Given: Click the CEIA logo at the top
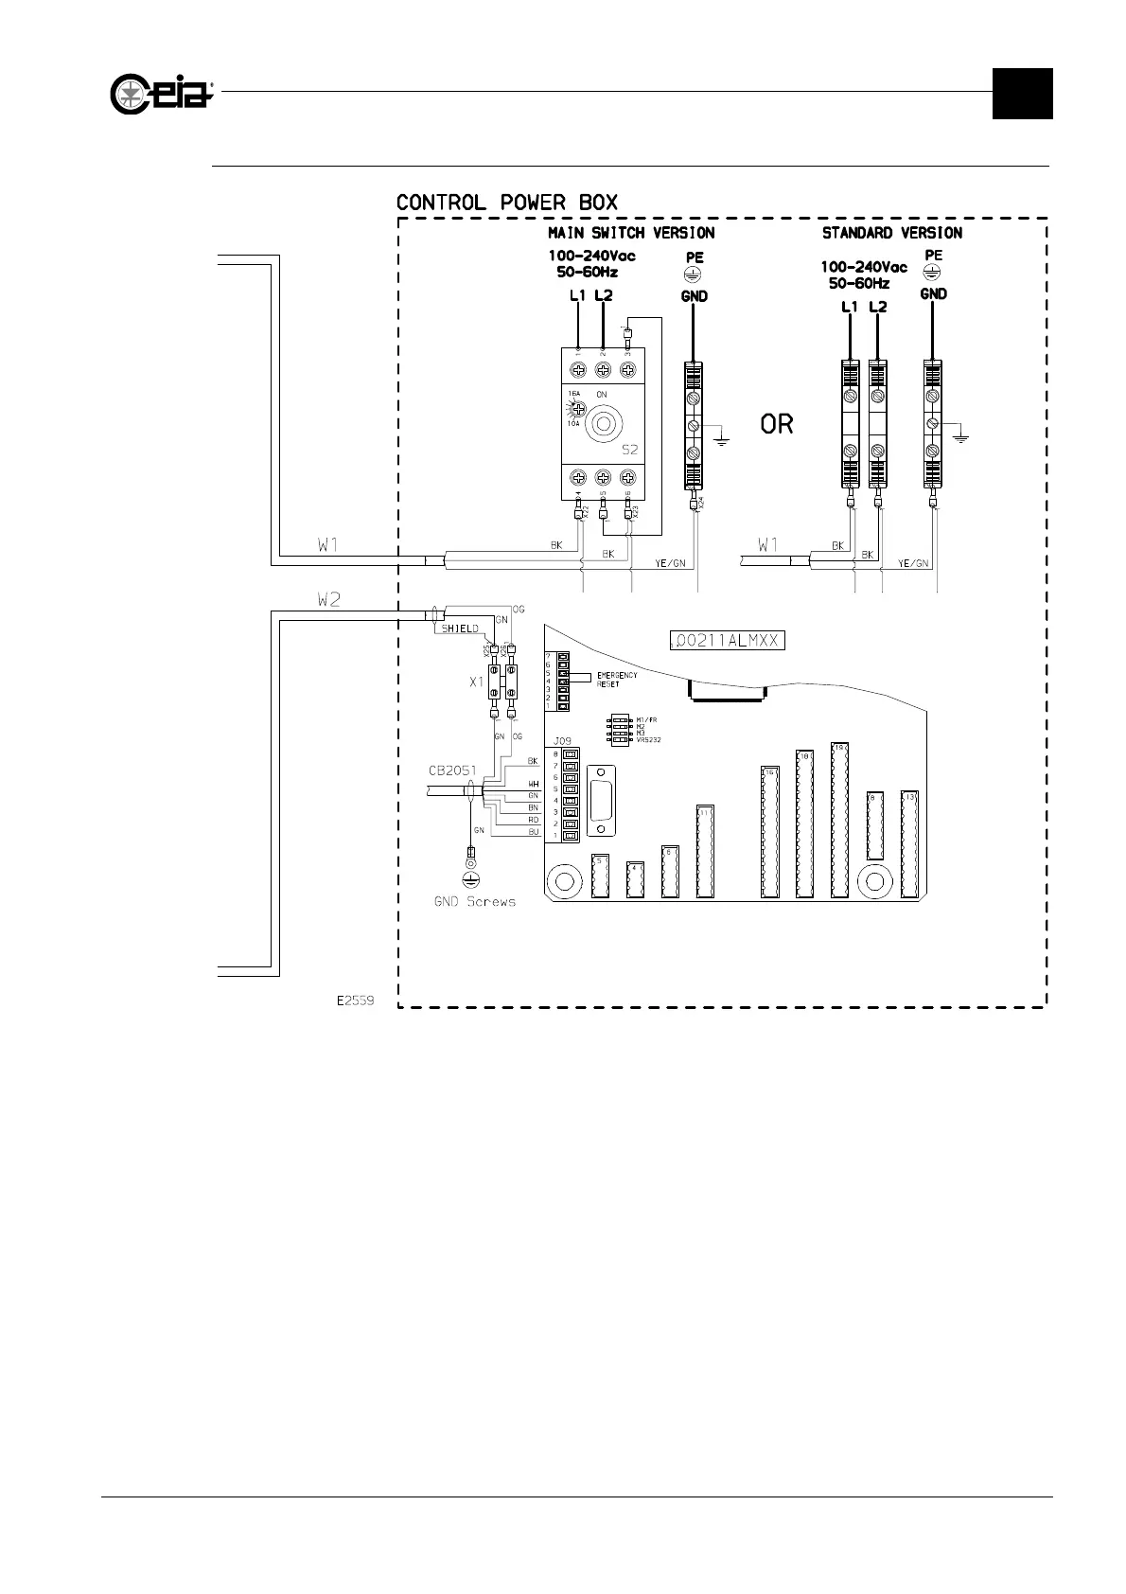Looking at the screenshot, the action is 162,94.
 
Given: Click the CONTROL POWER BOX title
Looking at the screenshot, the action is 506,203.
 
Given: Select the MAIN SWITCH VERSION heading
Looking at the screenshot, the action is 631,233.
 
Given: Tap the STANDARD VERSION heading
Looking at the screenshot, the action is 891,233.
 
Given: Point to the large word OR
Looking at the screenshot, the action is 777,424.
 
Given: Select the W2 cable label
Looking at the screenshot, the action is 327,600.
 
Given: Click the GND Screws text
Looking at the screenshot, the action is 475,902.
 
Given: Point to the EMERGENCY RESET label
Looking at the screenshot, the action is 617,679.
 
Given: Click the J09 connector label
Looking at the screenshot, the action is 562,740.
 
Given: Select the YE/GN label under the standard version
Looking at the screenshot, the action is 913,564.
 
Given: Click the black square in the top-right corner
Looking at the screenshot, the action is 1022,94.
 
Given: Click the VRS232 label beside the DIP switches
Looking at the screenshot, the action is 648,739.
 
